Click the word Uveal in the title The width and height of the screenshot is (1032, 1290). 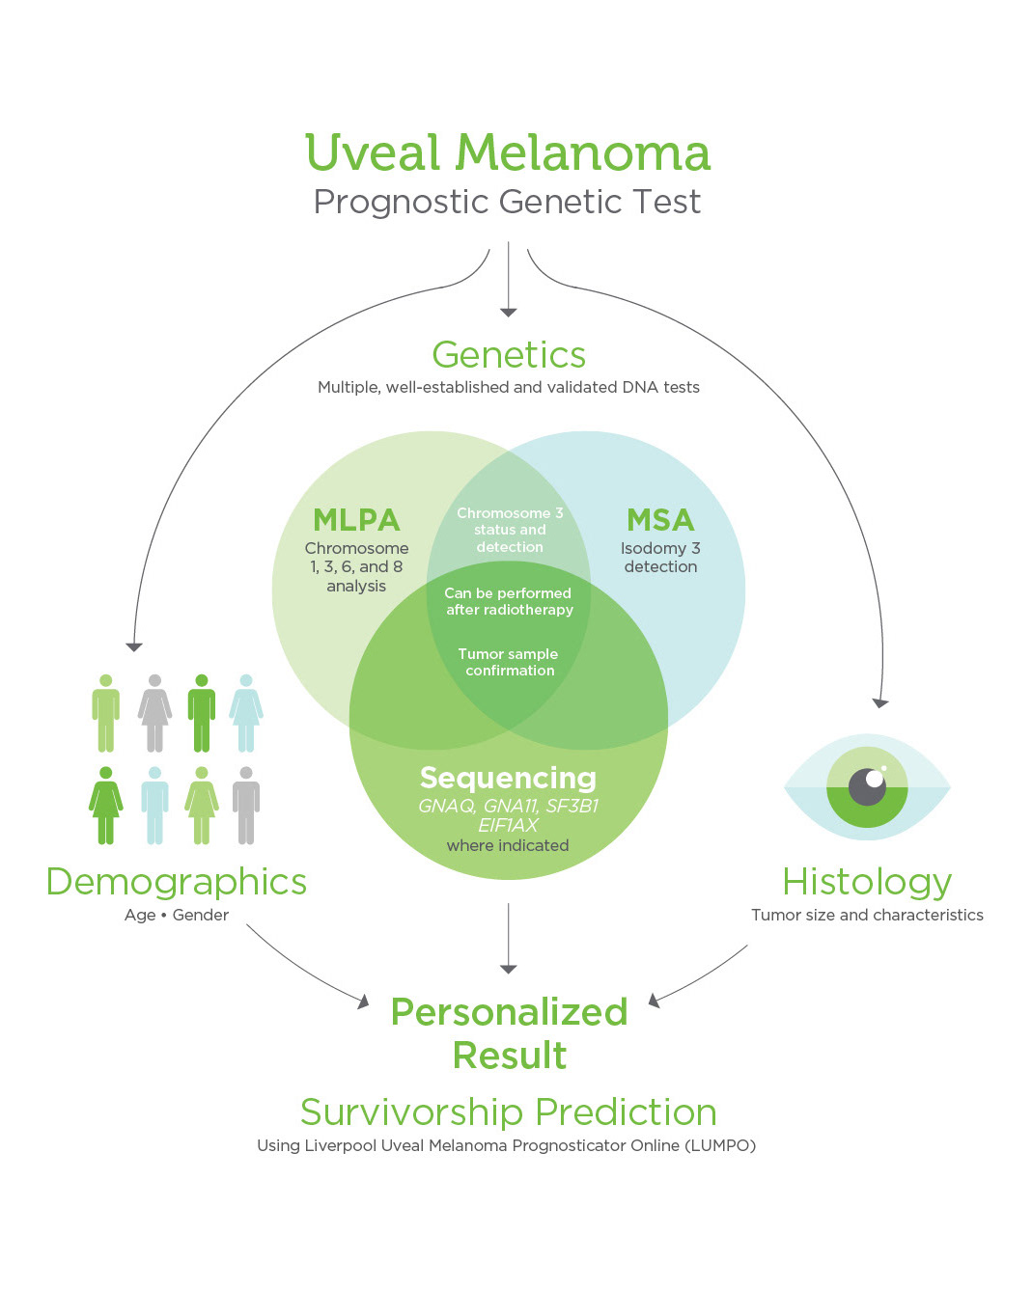coord(373,152)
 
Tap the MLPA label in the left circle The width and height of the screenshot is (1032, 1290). coord(356,520)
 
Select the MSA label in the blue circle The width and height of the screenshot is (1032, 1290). coord(660,520)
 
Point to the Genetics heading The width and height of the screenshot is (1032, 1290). coord(509,355)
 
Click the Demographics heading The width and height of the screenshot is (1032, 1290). coord(177,884)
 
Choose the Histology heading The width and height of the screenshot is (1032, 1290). coord(867,884)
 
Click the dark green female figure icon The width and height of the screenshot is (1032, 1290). coord(105,805)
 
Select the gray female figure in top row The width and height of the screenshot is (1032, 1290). coord(154,713)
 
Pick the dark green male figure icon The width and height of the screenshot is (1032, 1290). coord(202,713)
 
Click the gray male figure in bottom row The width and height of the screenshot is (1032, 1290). coord(246,805)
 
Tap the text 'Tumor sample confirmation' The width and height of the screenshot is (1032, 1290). coord(509,662)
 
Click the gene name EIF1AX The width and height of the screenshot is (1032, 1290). coord(508,826)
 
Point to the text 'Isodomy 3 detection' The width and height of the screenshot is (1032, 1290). coord(660,558)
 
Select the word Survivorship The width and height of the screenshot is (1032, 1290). coord(411,1112)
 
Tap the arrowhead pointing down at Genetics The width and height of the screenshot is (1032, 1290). coord(508,313)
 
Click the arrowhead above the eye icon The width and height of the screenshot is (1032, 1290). coord(880,703)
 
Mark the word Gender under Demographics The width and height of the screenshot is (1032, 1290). coord(201,915)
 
